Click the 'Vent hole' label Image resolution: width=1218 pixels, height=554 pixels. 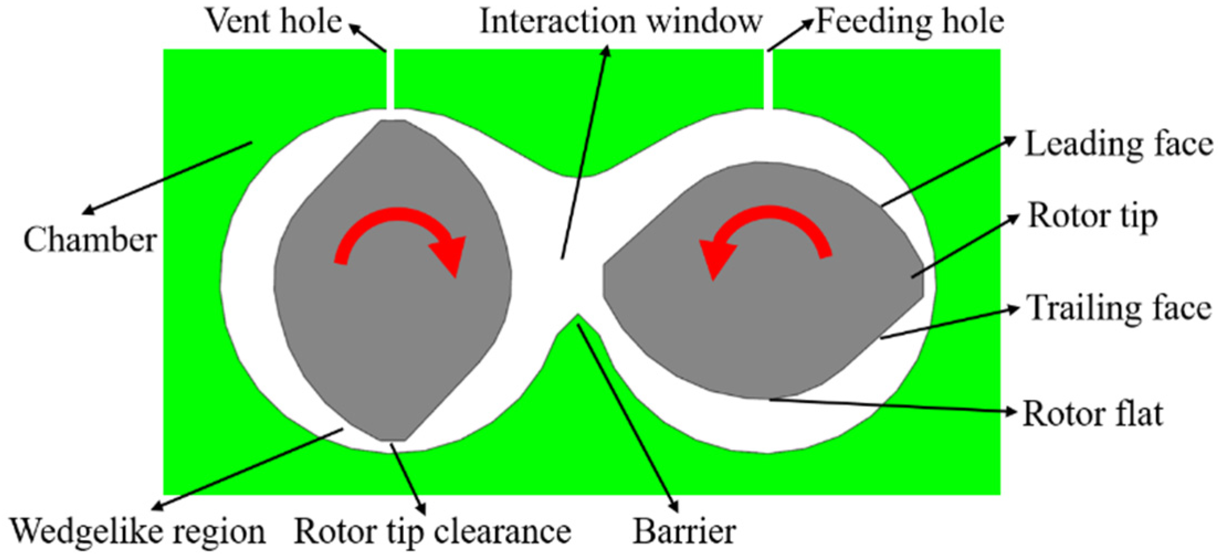tap(274, 22)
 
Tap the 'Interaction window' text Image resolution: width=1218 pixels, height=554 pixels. tap(620, 22)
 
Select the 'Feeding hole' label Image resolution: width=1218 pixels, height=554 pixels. tap(910, 22)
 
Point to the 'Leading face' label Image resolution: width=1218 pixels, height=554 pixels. tap(1119, 145)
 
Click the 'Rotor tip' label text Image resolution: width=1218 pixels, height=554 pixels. tap(1092, 216)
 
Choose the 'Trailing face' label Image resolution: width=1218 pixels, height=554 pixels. tap(1119, 308)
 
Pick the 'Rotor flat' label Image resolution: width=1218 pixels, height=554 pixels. tap(1092, 414)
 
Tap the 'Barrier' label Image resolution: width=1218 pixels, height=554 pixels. tap(684, 531)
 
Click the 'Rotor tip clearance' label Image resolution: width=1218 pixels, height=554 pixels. tap(432, 531)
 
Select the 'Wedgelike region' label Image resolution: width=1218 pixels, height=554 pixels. tap(138, 531)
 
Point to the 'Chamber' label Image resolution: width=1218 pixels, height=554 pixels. tap(90, 241)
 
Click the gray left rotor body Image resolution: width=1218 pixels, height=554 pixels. tap(387, 331)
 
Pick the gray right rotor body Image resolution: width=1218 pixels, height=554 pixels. tap(773, 331)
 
